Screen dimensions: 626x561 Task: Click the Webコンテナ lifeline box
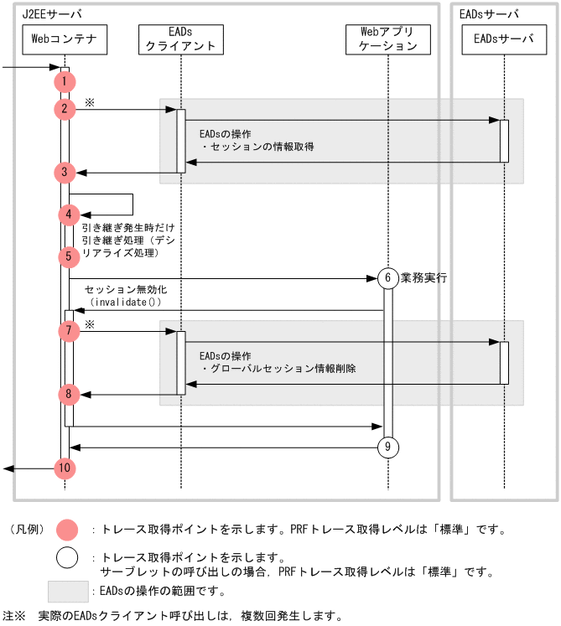[65, 39]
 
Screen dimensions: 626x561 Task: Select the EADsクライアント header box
[181, 39]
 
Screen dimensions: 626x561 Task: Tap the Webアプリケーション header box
[388, 39]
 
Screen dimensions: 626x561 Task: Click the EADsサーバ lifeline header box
[504, 39]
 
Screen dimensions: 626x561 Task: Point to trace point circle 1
[65, 81]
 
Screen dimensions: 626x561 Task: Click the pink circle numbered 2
[65, 109]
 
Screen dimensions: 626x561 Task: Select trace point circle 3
[65, 173]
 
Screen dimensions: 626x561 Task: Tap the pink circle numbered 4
[69, 215]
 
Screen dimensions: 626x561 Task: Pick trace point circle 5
[69, 256]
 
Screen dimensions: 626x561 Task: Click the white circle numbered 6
[387, 278]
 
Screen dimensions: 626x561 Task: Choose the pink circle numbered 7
[69, 331]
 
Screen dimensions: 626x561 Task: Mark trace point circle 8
[69, 393]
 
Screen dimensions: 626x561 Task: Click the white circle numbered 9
[387, 448]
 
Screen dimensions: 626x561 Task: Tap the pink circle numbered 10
[65, 468]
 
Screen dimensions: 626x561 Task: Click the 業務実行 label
[423, 277]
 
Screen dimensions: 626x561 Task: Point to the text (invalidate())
[125, 302]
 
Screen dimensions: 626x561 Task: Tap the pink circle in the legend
[66, 530]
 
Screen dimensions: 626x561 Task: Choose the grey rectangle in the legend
[68, 592]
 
